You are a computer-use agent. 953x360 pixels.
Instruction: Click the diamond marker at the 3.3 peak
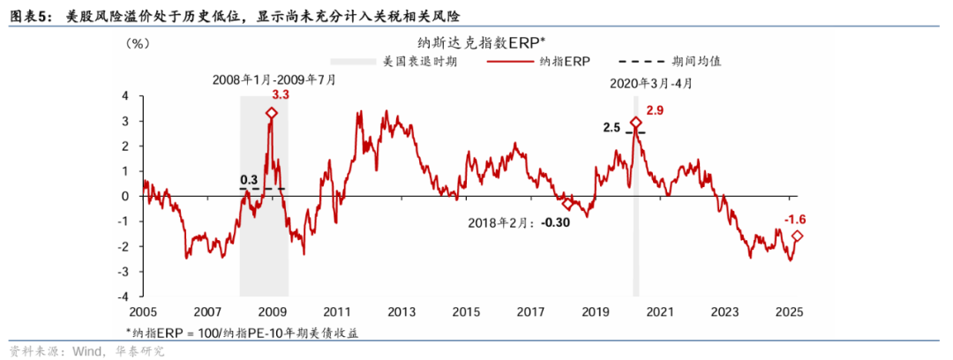coord(273,113)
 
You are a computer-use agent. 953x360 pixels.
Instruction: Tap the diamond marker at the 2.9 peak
coord(635,124)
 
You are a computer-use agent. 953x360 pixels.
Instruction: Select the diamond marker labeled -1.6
coord(798,236)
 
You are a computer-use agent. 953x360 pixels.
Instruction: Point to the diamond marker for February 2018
coord(567,204)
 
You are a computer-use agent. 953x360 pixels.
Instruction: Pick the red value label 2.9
coord(655,110)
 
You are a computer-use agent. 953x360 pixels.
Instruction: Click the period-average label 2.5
coord(612,128)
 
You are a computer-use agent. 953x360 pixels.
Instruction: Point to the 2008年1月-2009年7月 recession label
coord(274,79)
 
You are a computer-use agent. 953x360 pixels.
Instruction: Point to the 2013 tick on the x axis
coord(401,311)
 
